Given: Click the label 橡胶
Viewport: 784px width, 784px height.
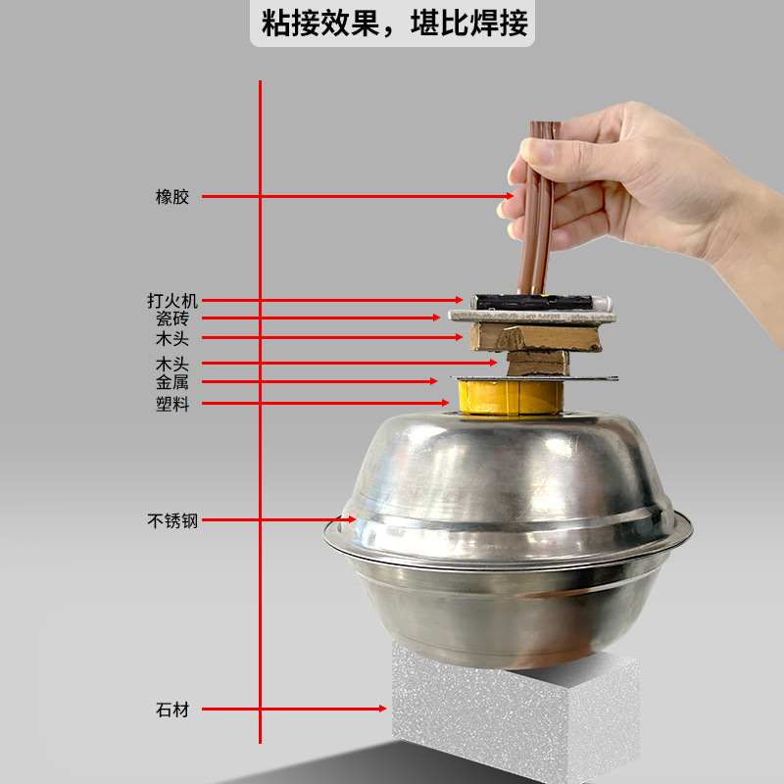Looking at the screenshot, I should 171,197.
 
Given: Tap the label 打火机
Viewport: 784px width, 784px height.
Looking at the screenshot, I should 171,301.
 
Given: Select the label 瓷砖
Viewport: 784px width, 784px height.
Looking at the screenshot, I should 171,318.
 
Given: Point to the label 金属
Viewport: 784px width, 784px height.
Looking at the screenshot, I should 171,382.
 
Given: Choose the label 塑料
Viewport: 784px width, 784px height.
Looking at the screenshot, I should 171,404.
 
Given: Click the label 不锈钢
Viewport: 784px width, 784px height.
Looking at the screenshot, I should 171,521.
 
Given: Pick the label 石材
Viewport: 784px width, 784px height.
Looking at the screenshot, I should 171,710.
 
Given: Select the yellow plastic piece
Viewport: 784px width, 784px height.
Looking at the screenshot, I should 510,397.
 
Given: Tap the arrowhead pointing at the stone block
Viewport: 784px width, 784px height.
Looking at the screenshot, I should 383,709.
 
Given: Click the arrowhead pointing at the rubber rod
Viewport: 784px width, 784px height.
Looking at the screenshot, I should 509,197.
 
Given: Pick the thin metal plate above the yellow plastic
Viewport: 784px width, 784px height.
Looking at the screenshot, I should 534,378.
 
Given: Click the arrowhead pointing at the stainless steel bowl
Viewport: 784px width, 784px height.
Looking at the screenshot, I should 351,520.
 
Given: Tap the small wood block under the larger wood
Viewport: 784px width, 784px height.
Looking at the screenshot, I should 536,363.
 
